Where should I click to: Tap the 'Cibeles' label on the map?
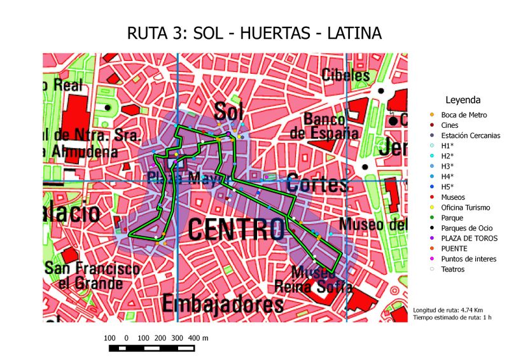pyautogui.click(x=345, y=75)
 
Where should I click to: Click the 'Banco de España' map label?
pyautogui.click(x=323, y=126)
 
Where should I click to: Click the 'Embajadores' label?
pyautogui.click(x=222, y=303)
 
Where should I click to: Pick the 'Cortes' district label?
pyautogui.click(x=317, y=183)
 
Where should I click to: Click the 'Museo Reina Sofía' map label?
pyautogui.click(x=313, y=280)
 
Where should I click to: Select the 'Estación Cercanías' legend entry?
pyautogui.click(x=470, y=135)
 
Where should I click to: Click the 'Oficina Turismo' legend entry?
pyautogui.click(x=465, y=207)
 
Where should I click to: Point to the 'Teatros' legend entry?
pyautogui.click(x=452, y=269)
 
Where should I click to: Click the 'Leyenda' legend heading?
pyautogui.click(x=463, y=100)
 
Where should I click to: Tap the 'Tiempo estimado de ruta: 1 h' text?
pyautogui.click(x=452, y=317)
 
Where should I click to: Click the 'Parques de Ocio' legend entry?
pyautogui.click(x=465, y=228)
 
